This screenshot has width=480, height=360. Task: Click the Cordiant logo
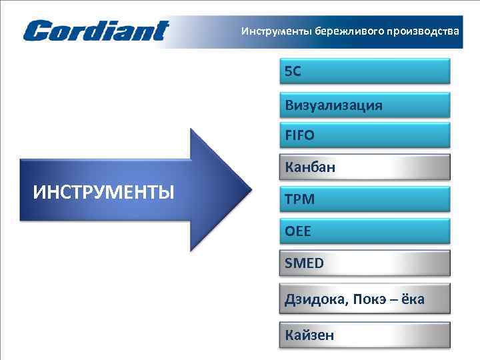(x=96, y=31)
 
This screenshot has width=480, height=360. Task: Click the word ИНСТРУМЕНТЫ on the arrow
(x=104, y=193)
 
